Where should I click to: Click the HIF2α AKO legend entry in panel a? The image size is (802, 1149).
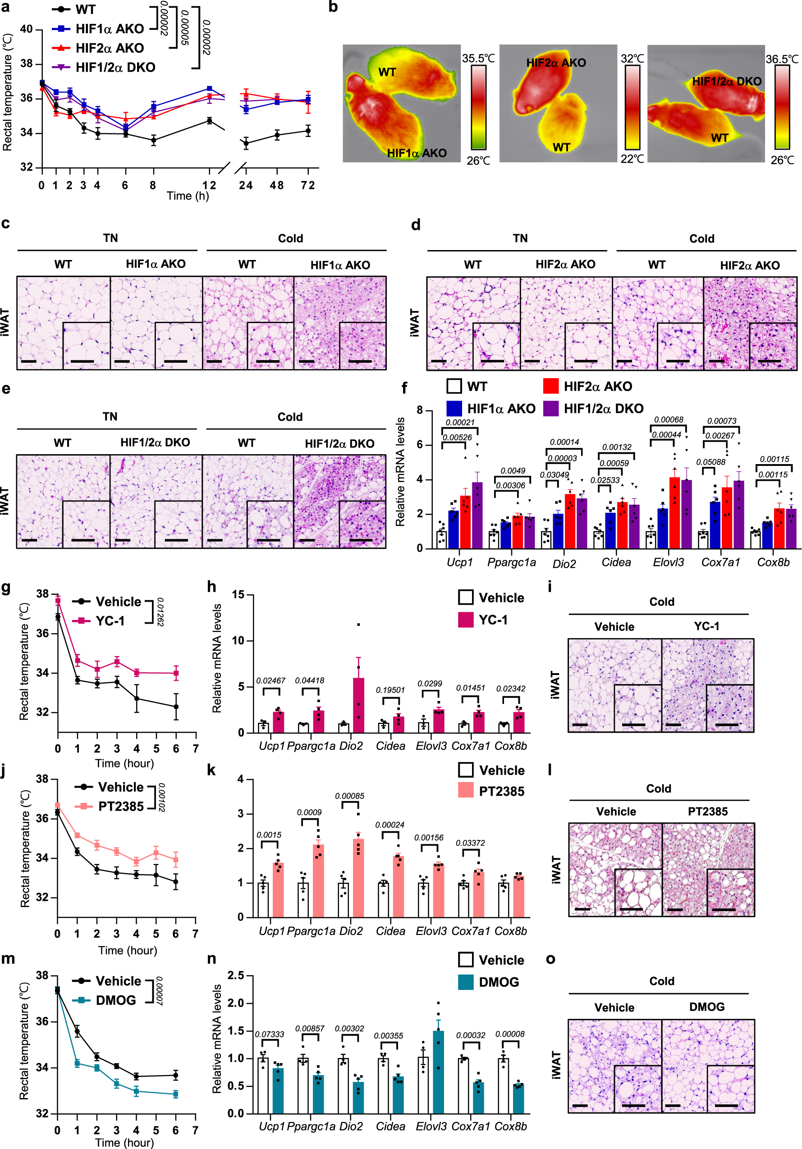(109, 48)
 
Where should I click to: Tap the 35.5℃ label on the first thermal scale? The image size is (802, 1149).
(478, 59)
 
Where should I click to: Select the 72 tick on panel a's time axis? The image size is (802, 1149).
(308, 186)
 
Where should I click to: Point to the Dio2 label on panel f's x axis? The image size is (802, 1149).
(564, 564)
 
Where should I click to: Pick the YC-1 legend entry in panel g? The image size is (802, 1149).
(110, 620)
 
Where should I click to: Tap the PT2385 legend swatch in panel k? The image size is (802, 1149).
(466, 791)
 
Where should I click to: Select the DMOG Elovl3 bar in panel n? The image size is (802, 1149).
(438, 1071)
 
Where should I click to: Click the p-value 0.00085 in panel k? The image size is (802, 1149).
(349, 796)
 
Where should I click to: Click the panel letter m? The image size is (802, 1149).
(8, 958)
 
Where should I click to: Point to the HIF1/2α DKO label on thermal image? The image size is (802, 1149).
(726, 82)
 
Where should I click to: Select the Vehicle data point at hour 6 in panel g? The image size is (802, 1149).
(176, 707)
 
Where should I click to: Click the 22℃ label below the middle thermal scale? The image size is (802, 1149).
(632, 159)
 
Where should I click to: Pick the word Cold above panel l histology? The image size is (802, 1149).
(658, 789)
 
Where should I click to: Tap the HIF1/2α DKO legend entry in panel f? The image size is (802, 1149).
(603, 409)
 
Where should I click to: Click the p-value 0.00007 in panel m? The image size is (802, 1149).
(160, 990)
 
